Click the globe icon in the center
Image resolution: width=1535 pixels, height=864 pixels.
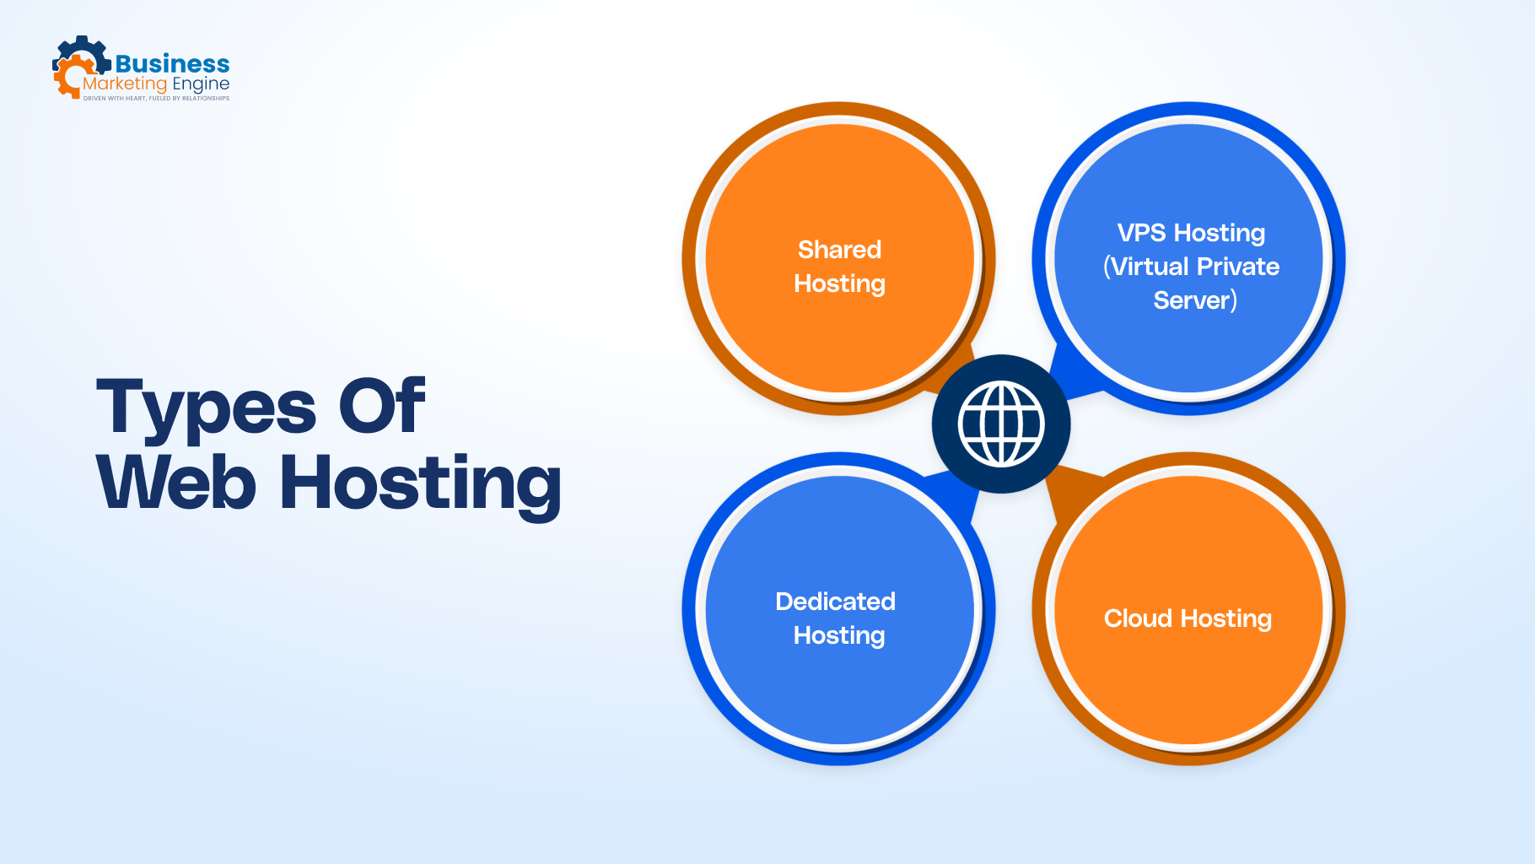(x=1001, y=424)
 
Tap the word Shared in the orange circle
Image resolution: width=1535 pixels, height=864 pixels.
(x=839, y=250)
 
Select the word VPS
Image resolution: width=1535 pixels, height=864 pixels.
(x=1141, y=233)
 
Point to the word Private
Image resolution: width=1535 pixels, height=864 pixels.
(x=1238, y=267)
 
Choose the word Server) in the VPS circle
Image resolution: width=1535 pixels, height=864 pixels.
(x=1195, y=300)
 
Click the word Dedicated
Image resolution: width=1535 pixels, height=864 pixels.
(x=835, y=602)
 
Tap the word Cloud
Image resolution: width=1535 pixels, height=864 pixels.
(x=1138, y=618)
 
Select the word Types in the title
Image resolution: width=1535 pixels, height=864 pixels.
(x=207, y=408)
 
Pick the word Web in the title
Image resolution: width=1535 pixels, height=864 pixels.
(x=176, y=483)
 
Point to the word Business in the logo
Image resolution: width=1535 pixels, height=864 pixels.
(x=172, y=64)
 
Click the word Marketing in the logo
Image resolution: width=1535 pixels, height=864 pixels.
(x=125, y=84)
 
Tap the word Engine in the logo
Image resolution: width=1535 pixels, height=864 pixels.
(x=201, y=84)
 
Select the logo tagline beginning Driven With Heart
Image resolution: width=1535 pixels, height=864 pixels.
(x=156, y=99)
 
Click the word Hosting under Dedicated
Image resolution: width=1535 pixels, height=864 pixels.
(x=839, y=635)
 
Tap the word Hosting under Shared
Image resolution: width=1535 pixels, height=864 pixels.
(x=839, y=284)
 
